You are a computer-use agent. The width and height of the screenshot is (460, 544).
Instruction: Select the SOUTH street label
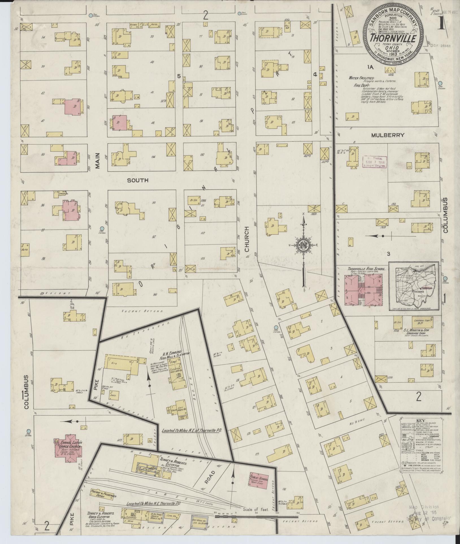138,180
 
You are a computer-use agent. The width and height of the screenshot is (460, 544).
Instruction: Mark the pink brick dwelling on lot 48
120,123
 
